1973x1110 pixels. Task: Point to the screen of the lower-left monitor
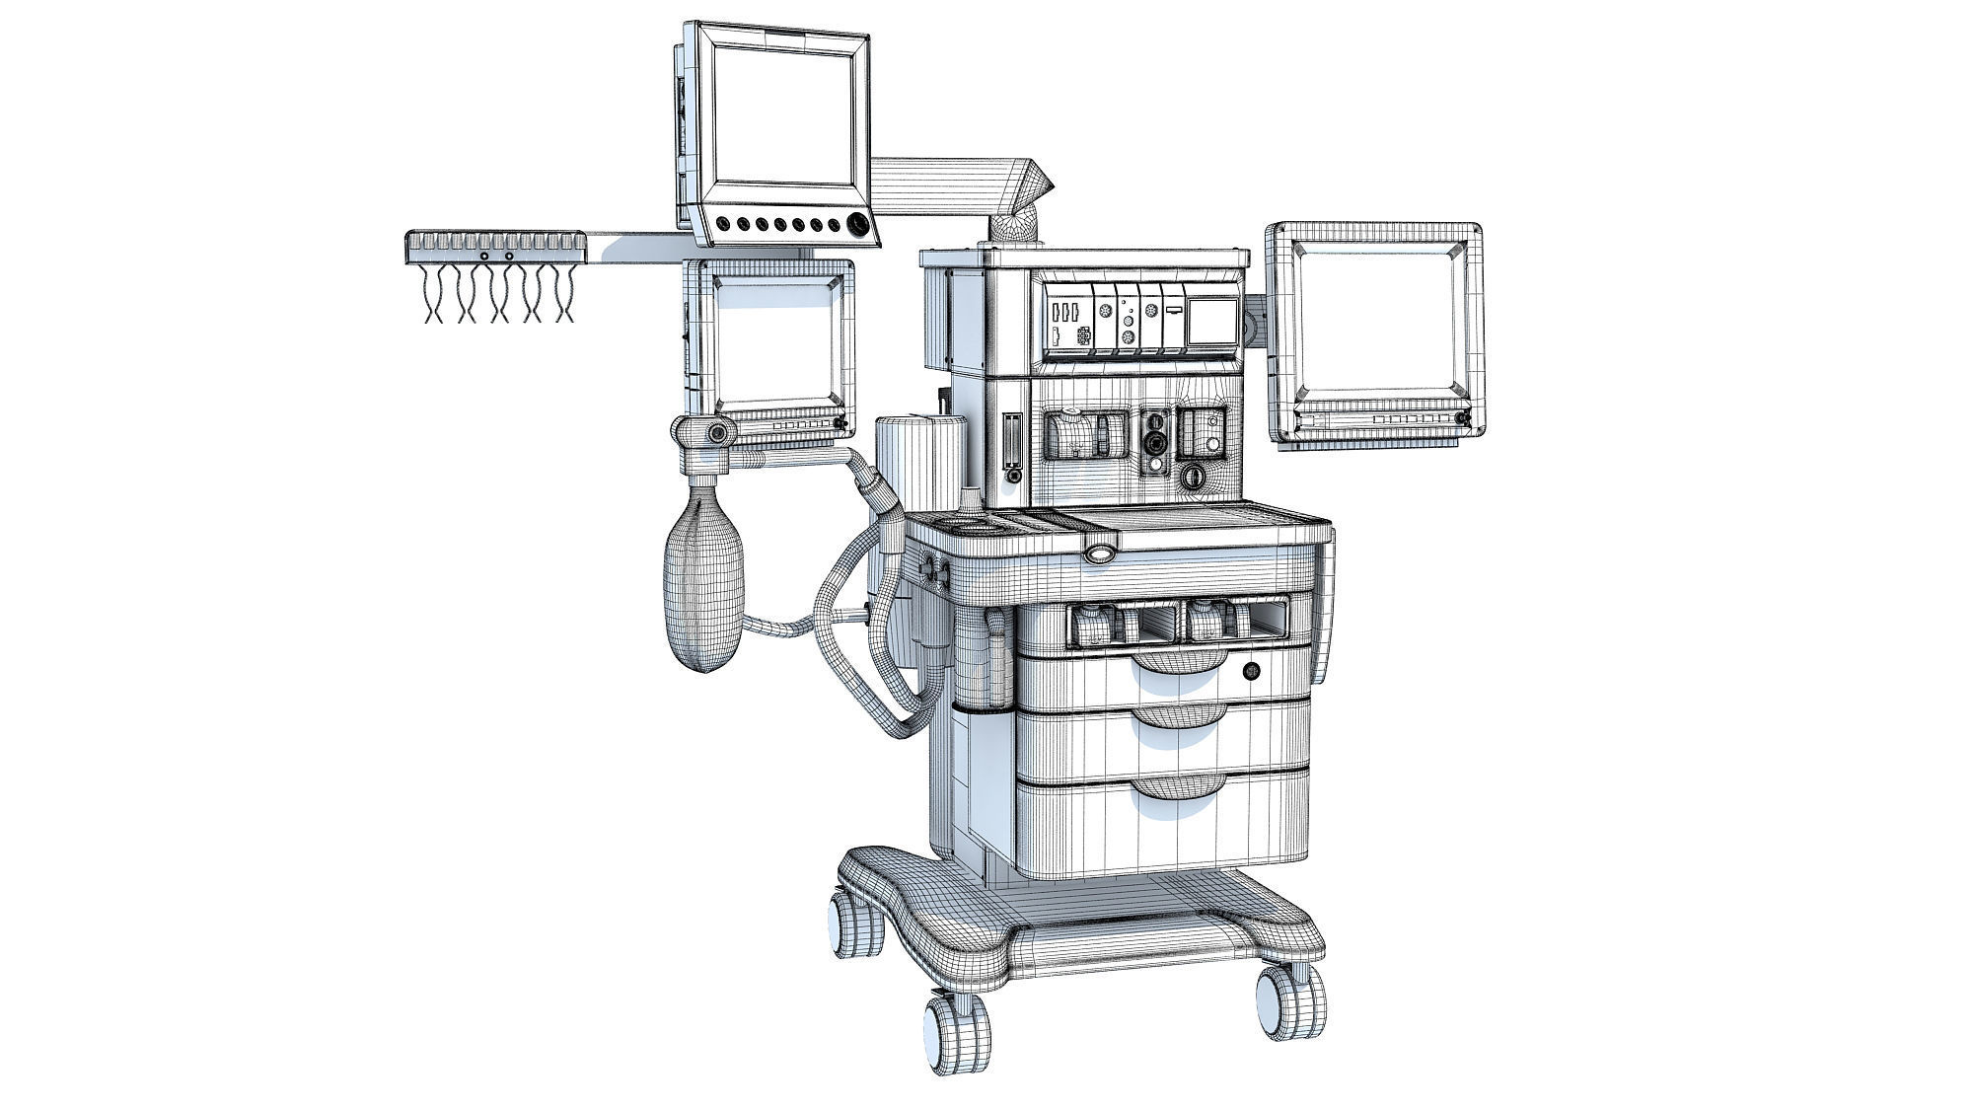pos(775,340)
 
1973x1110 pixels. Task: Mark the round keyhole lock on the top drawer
pos(1251,672)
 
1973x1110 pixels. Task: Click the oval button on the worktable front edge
pos(1101,555)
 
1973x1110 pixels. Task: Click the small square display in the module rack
pos(1211,322)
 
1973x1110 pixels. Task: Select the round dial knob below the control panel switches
pos(1195,478)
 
